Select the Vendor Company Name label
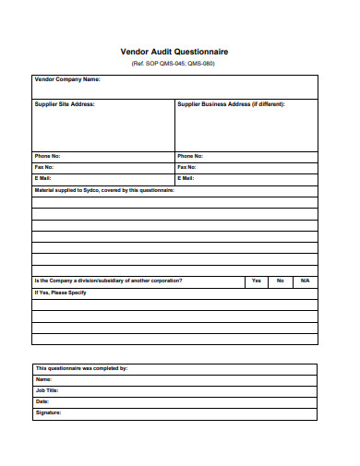(66, 80)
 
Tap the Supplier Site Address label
(65, 104)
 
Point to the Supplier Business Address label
(231, 104)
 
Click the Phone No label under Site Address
(47, 156)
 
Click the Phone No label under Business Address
(190, 156)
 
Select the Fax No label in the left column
(44, 167)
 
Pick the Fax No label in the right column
(187, 167)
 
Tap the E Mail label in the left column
(43, 178)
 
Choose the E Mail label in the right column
(186, 178)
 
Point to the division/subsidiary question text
(108, 281)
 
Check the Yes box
(256, 281)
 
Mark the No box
(280, 281)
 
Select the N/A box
(305, 281)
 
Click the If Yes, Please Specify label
(60, 293)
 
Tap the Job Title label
(47, 390)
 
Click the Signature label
(48, 412)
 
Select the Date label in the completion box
(42, 401)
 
